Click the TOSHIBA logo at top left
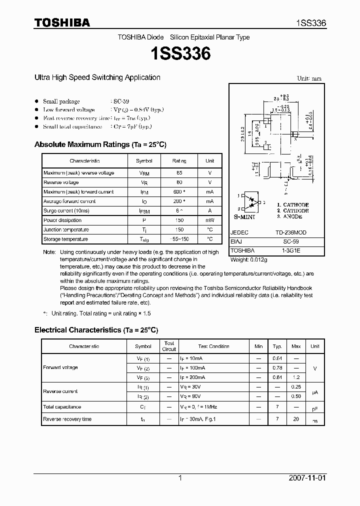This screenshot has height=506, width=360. (62, 22)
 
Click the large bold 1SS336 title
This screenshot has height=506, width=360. (180, 53)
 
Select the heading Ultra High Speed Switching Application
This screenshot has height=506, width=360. (97, 77)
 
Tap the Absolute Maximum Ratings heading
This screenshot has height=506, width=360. (100, 144)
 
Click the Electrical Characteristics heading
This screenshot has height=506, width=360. (96, 330)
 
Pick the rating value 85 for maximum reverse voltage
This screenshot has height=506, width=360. (179, 173)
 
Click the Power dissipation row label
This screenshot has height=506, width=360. (62, 220)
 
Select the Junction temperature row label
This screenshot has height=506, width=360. (66, 230)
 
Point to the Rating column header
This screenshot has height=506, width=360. (179, 161)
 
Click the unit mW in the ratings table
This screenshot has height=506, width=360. (209, 220)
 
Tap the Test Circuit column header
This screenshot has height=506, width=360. (169, 346)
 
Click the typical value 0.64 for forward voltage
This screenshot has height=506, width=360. (277, 358)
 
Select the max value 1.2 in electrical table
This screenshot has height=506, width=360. (296, 377)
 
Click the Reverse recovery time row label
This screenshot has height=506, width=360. (67, 419)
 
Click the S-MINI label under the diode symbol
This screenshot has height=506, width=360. (245, 217)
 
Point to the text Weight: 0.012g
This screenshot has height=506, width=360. (248, 260)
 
